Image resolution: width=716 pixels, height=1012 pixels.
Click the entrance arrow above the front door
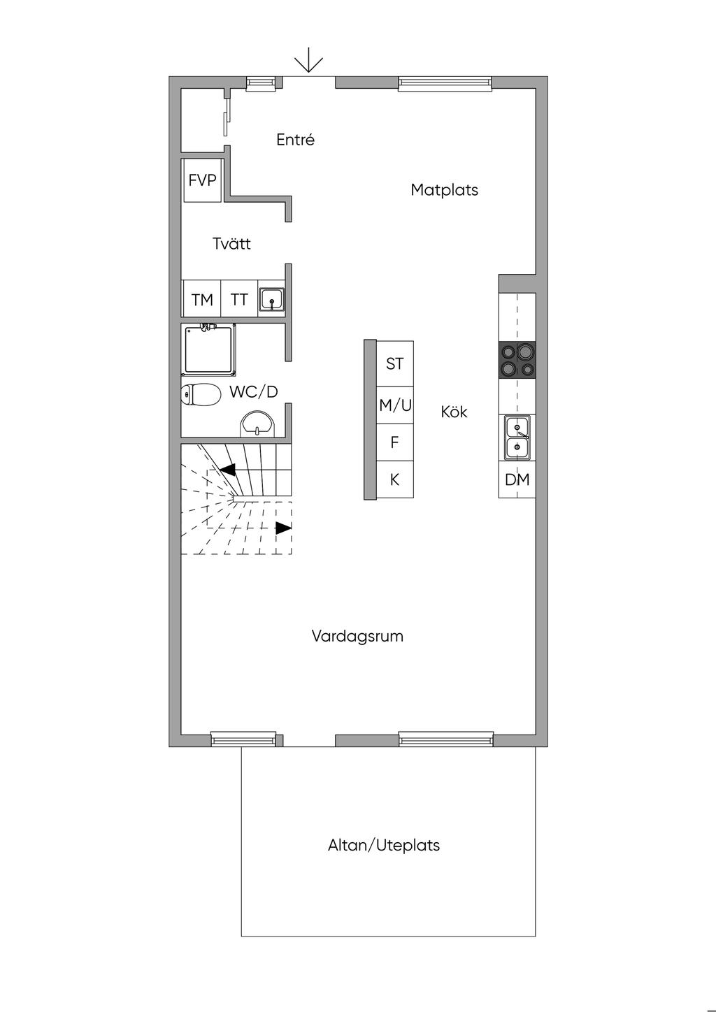tap(308, 63)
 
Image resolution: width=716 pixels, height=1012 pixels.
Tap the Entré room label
tap(295, 140)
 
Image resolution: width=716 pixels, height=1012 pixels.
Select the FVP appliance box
tap(202, 180)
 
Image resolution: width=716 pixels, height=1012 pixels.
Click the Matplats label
tap(444, 189)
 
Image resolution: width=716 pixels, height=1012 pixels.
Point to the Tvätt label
tap(231, 244)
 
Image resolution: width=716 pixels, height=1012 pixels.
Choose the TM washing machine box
tap(201, 300)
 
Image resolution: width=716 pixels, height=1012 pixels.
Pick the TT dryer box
tap(239, 300)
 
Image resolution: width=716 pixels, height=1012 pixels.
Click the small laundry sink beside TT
tap(271, 300)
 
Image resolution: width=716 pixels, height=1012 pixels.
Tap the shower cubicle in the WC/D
tap(208, 349)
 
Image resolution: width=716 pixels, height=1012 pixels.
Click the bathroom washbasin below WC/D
tap(258, 424)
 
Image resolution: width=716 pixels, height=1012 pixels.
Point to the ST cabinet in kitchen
tap(395, 363)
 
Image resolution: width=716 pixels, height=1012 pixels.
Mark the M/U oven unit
tap(395, 405)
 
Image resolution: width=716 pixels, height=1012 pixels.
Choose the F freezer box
tap(395, 442)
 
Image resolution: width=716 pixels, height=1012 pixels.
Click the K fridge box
tap(395, 479)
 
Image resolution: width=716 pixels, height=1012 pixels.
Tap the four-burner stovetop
tap(517, 361)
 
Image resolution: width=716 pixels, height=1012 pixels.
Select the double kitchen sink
tap(517, 437)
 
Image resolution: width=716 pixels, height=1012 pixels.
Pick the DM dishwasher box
tap(517, 479)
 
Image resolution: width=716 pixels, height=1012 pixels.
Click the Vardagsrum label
tap(357, 636)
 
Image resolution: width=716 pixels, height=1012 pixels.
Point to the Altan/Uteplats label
tap(384, 845)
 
